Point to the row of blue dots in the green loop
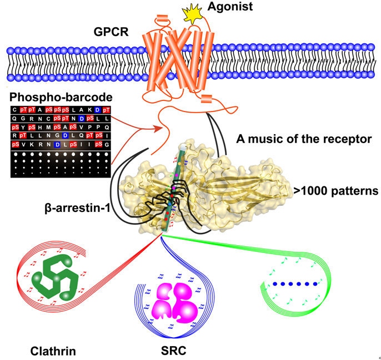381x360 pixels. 295,283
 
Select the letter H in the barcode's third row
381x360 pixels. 39,128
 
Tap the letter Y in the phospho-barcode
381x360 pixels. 23,128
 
